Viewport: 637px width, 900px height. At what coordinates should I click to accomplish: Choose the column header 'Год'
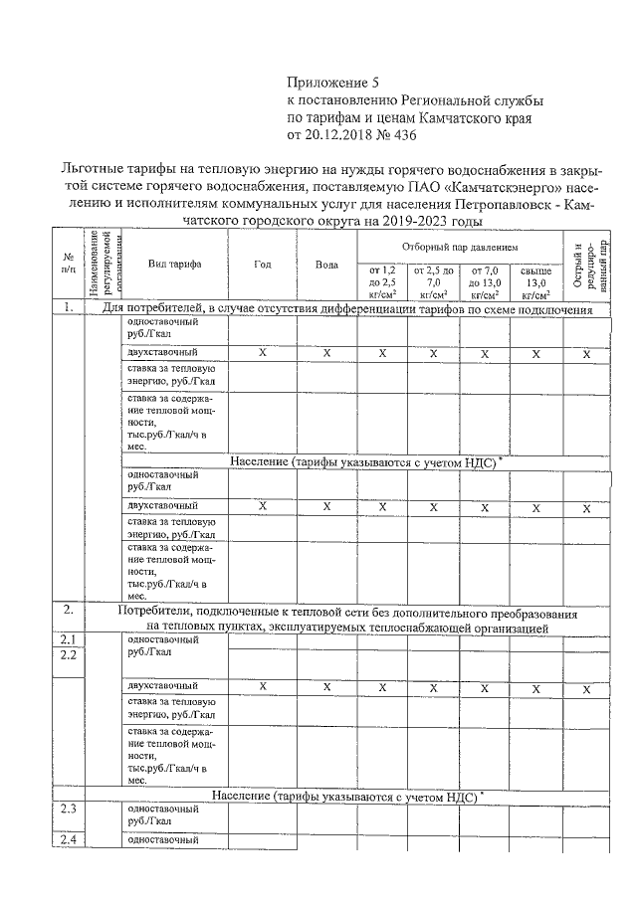263,265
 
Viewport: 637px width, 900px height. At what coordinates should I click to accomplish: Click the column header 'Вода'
326,265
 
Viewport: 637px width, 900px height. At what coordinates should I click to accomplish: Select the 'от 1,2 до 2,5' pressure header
382,281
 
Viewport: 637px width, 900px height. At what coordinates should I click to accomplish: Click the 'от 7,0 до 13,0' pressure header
485,281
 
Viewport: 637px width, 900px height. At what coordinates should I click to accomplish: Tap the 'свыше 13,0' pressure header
535,281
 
